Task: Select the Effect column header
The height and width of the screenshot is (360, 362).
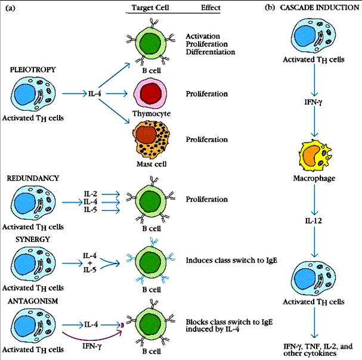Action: (209, 8)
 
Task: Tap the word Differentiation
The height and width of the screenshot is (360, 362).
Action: (211, 52)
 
